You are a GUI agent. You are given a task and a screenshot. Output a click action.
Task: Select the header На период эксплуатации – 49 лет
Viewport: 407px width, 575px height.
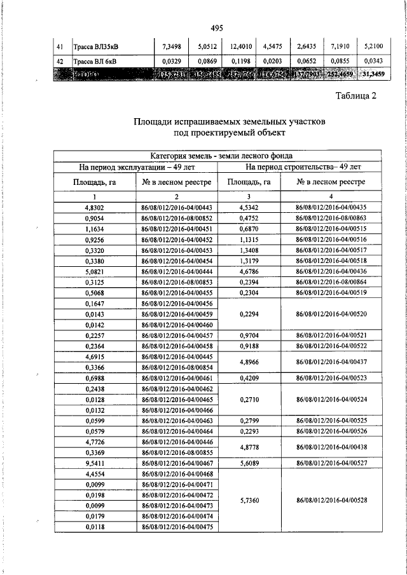pyautogui.click(x=137, y=167)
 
